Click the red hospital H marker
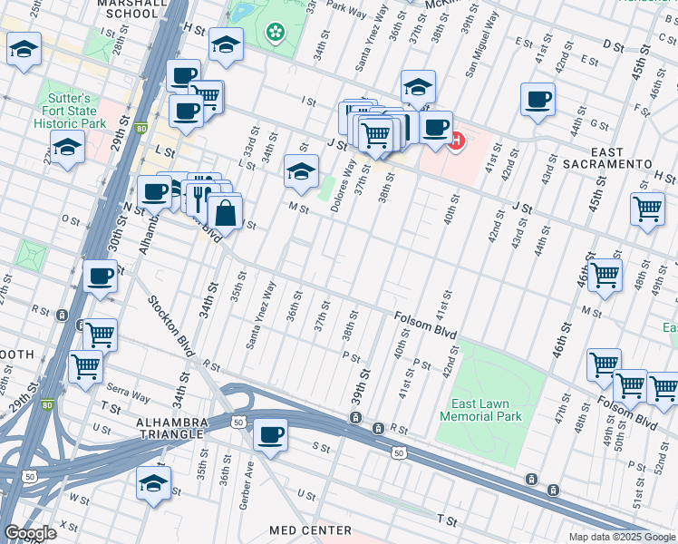tap(457, 141)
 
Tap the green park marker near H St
tap(275, 33)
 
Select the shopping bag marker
tap(226, 214)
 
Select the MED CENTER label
tap(310, 529)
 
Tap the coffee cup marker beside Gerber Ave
tap(270, 435)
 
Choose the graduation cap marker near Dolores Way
tap(301, 170)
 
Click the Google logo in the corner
tap(30, 533)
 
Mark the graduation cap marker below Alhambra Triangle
tap(153, 483)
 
